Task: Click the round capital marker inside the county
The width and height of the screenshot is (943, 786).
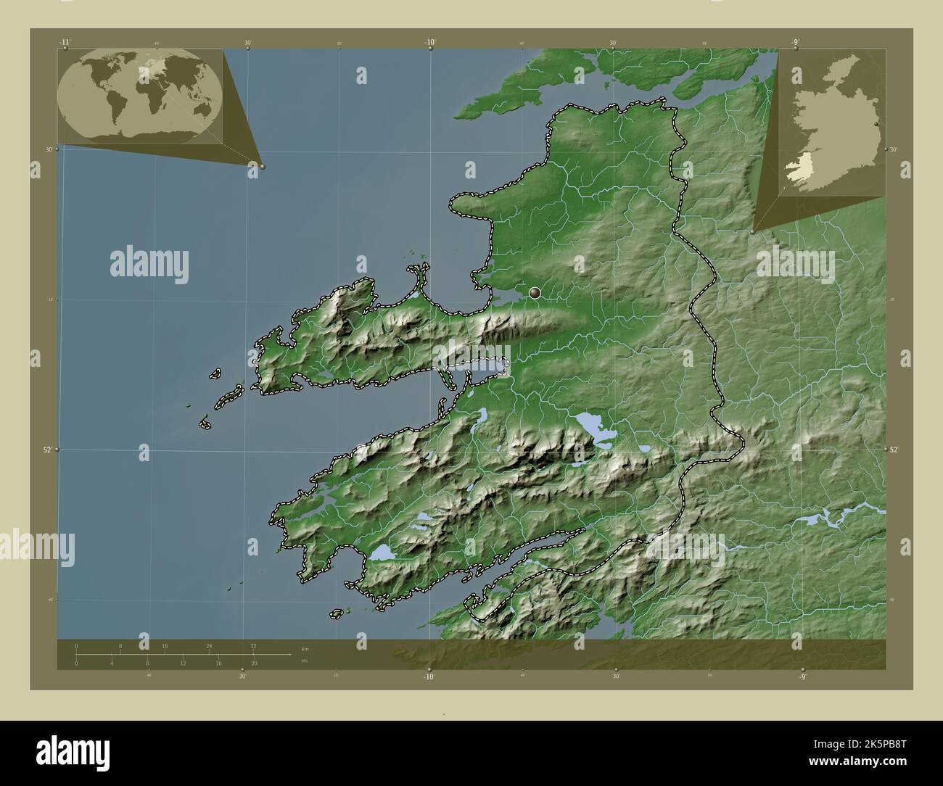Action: click(x=535, y=293)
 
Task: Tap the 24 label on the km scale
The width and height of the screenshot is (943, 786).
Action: click(x=209, y=645)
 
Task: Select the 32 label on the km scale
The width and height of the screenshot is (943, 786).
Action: click(x=252, y=645)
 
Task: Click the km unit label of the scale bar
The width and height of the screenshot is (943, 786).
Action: click(x=304, y=648)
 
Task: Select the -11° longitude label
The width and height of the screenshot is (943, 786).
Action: click(x=65, y=42)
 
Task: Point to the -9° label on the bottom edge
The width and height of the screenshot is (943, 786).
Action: click(x=802, y=677)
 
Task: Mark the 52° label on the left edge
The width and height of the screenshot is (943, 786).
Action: click(x=46, y=450)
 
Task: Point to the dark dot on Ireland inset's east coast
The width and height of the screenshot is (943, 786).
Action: click(x=876, y=125)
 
